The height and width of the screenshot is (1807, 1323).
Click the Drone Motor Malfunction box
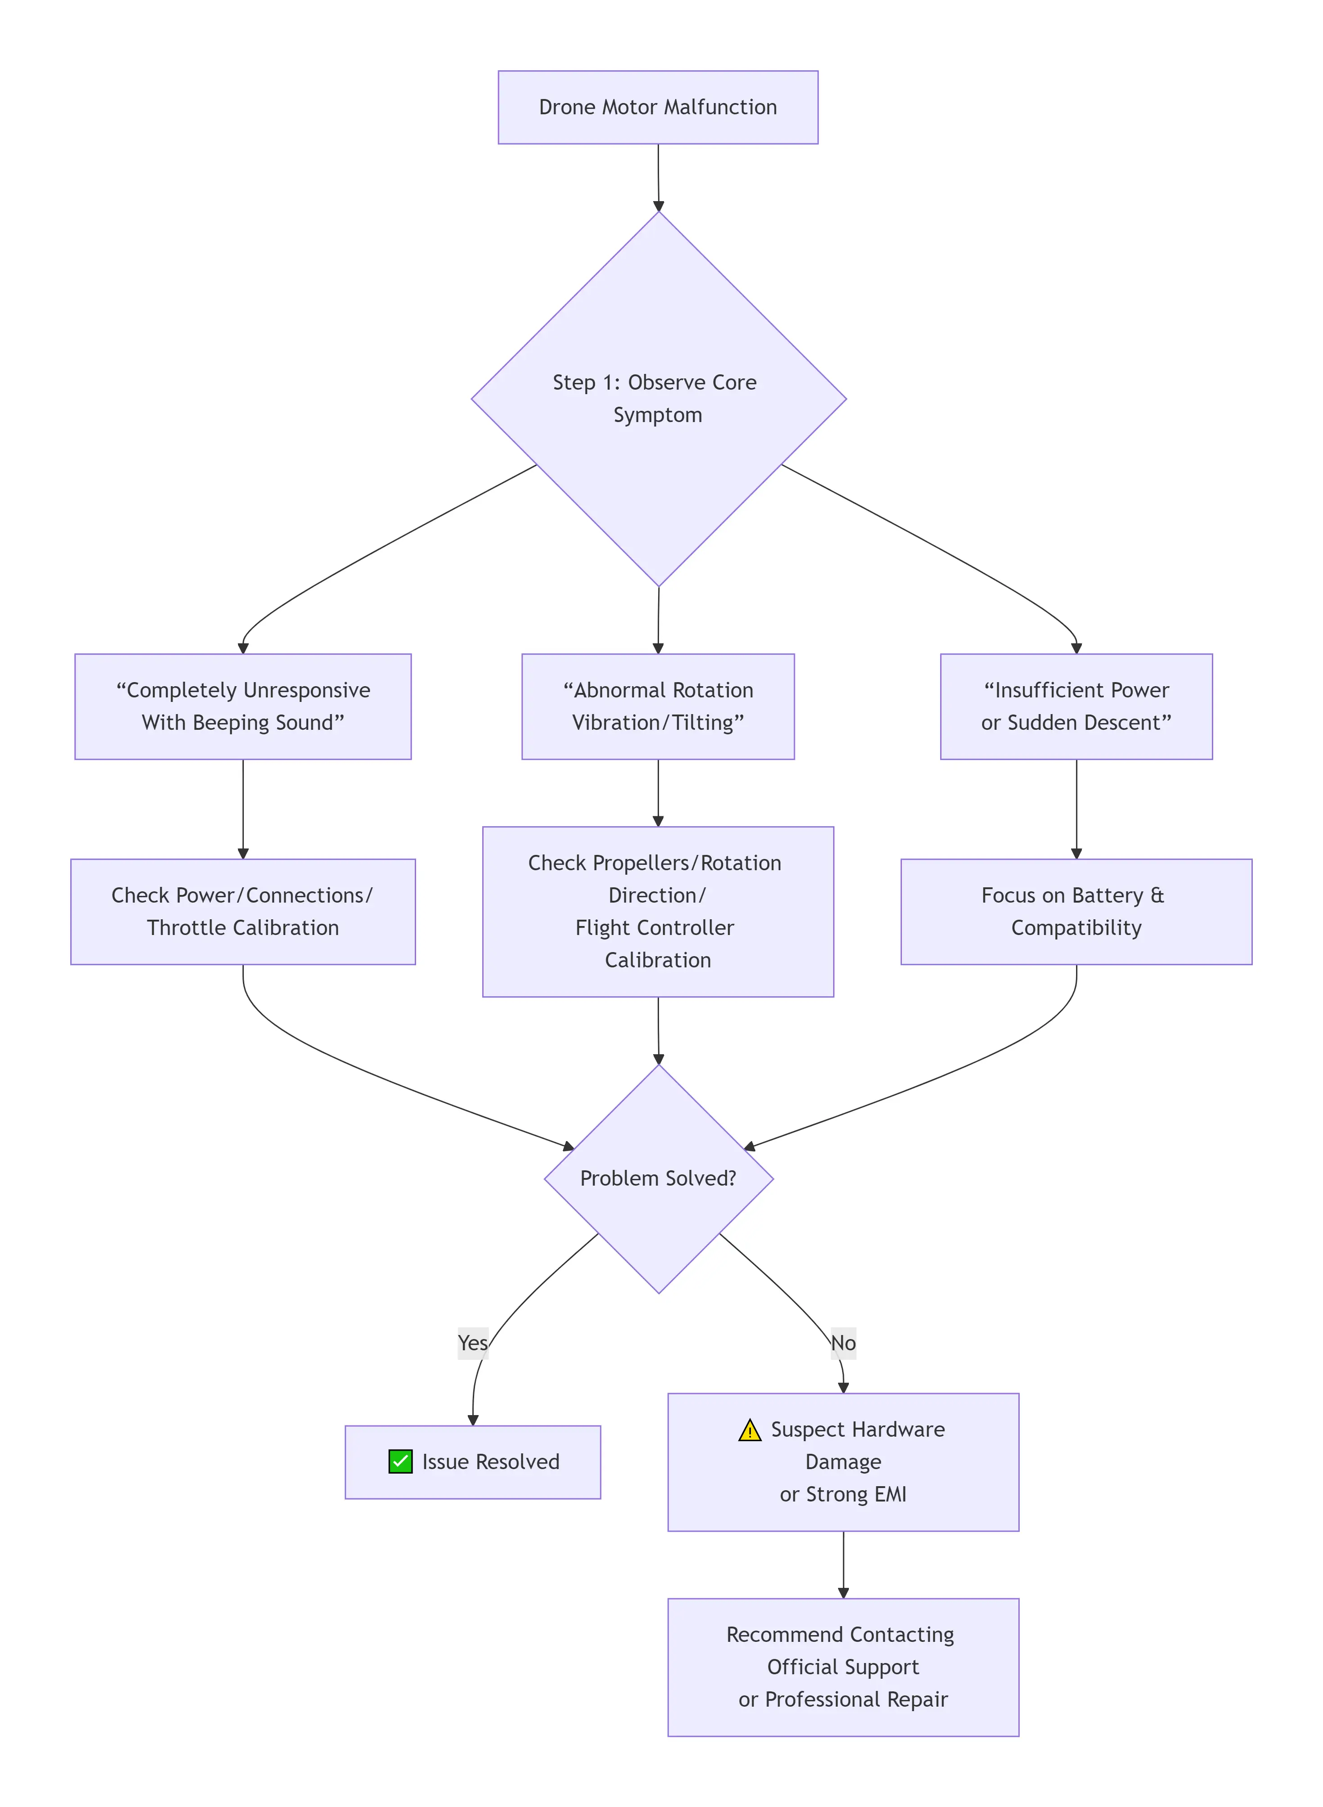pyautogui.click(x=658, y=108)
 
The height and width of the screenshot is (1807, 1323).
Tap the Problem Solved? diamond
pyautogui.click(x=658, y=1178)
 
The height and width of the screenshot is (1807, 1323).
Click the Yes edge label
pyautogui.click(x=472, y=1343)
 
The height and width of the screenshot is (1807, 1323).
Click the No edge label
pyautogui.click(x=843, y=1343)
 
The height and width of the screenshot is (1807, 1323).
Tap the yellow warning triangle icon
pyautogui.click(x=749, y=1430)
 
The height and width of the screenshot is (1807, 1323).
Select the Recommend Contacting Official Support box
pyautogui.click(x=843, y=1666)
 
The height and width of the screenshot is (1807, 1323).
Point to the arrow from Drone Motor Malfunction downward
pyautogui.click(x=658, y=178)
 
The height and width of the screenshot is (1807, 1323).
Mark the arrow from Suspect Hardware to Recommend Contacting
pyautogui.click(x=843, y=1564)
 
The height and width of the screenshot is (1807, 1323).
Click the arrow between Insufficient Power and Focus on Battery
pyautogui.click(x=1076, y=809)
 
